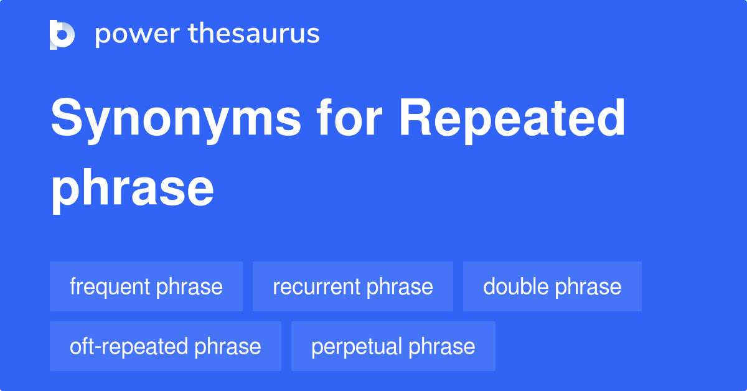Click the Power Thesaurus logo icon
(62, 34)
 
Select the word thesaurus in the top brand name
(255, 34)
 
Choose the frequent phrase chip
(146, 286)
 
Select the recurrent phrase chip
(353, 286)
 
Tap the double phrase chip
(552, 286)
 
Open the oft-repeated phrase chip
(166, 346)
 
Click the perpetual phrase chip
(393, 346)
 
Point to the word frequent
(110, 286)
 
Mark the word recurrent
(317, 286)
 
